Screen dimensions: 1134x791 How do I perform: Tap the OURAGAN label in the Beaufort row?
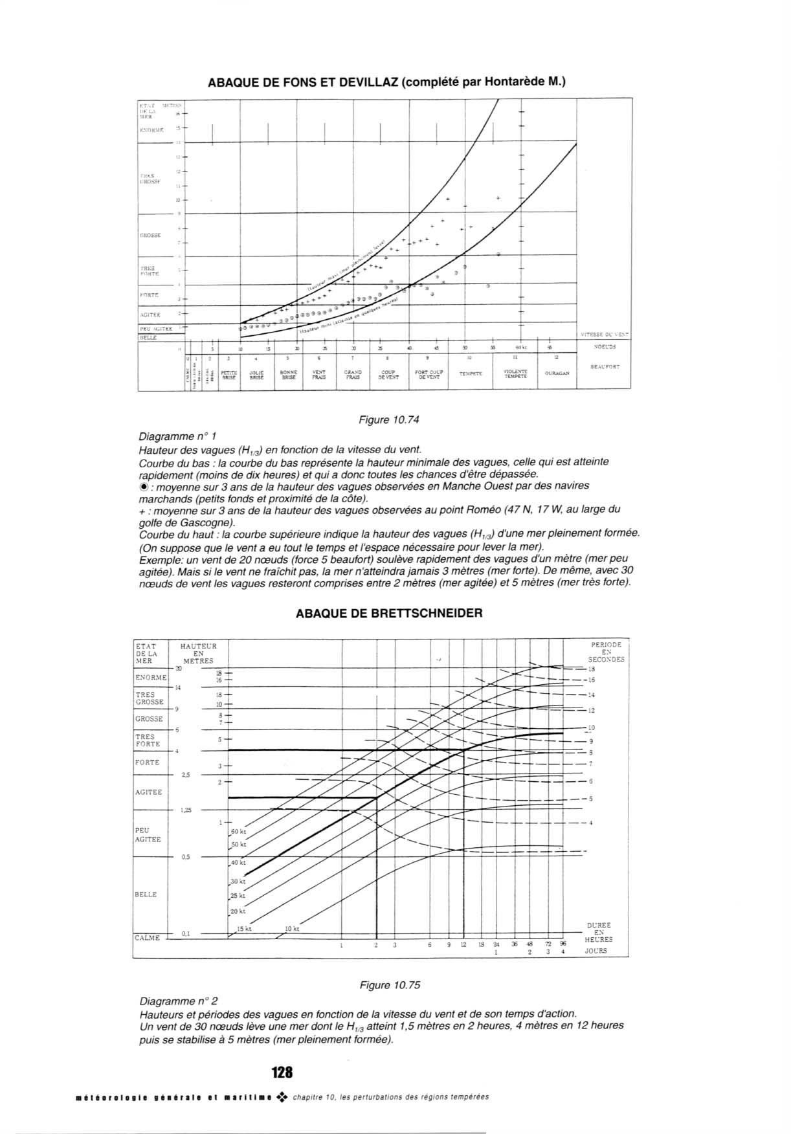pyautogui.click(x=557, y=373)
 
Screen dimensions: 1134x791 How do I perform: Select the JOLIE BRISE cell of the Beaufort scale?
pyautogui.click(x=256, y=375)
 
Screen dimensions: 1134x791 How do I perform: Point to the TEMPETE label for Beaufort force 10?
pyautogui.click(x=471, y=373)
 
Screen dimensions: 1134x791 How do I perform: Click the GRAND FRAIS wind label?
pyautogui.click(x=353, y=375)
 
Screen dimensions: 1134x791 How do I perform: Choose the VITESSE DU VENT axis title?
pyautogui.click(x=604, y=335)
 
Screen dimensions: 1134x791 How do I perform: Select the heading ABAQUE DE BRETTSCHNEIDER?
pyautogui.click(x=388, y=613)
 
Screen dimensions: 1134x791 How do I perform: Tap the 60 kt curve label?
pyautogui.click(x=238, y=831)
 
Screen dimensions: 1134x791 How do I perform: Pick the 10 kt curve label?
pyautogui.click(x=292, y=929)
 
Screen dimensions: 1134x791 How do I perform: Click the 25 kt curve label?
pyautogui.click(x=238, y=896)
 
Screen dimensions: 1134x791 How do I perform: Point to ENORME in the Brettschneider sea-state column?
pyautogui.click(x=151, y=678)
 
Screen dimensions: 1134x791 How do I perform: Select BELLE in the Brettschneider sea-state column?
pyautogui.click(x=146, y=894)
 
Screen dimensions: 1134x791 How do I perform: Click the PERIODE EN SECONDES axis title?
pyautogui.click(x=607, y=652)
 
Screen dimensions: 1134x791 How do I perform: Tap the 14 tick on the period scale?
pyautogui.click(x=591, y=695)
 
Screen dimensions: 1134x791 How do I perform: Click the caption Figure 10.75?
pyautogui.click(x=390, y=985)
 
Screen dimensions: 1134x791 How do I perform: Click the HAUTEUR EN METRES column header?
pyautogui.click(x=198, y=654)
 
